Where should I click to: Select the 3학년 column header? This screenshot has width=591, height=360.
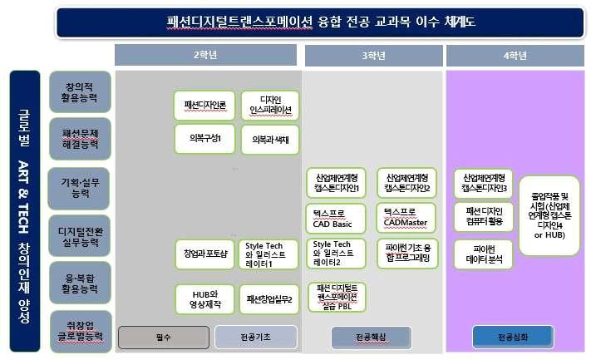tap(373, 56)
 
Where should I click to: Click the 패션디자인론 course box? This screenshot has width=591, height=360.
tap(204, 106)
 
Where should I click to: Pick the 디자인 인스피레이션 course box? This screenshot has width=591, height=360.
tap(268, 106)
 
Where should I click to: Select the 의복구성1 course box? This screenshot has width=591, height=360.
tap(204, 139)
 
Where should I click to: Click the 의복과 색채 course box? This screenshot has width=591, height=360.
tap(268, 140)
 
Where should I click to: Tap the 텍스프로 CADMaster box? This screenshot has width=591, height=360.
tap(406, 219)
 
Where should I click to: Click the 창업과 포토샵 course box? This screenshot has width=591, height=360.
tap(204, 253)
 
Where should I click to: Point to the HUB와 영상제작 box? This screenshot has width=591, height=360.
tap(204, 298)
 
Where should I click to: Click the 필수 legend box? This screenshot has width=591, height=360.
tap(162, 337)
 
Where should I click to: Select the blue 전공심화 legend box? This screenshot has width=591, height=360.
tap(512, 337)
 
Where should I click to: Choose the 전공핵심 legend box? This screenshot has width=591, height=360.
tap(370, 337)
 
